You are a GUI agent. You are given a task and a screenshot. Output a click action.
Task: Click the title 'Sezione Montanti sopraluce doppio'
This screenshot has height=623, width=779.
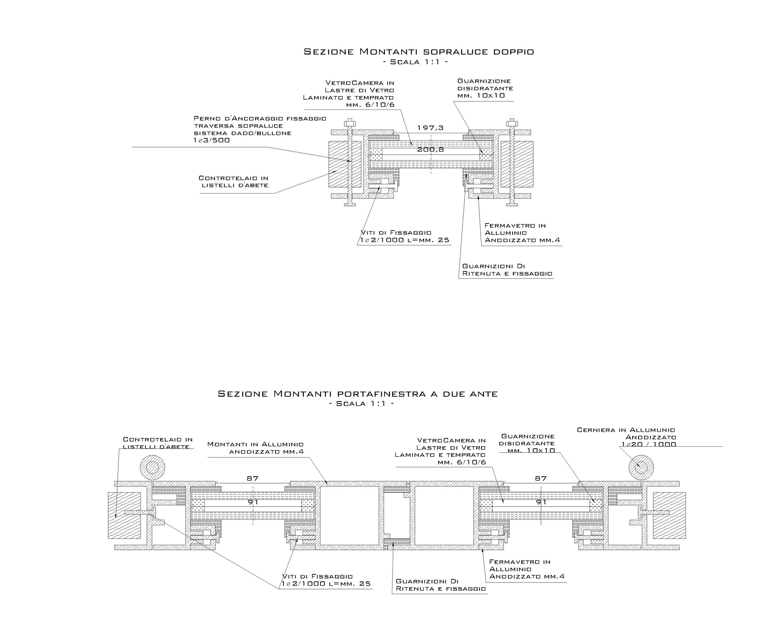point(419,51)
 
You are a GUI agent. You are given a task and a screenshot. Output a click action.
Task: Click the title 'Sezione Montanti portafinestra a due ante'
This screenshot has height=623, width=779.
point(358,394)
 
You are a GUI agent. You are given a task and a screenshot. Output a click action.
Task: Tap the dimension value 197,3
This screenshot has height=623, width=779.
point(430,128)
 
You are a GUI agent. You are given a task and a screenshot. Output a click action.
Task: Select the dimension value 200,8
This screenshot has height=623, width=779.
point(430,150)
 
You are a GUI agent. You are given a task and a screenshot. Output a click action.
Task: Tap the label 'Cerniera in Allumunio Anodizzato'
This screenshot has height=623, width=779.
point(626,437)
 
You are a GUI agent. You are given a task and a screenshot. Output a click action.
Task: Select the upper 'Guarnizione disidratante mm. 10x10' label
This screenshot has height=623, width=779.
point(485,88)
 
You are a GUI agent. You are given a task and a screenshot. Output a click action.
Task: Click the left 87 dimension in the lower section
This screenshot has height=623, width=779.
point(253,478)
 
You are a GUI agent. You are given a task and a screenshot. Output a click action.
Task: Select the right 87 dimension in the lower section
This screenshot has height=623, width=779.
point(541,478)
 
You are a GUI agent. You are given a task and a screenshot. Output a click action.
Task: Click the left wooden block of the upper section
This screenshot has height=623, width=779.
point(345,164)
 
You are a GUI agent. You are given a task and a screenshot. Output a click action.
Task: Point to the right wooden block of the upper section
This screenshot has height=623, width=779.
point(517,164)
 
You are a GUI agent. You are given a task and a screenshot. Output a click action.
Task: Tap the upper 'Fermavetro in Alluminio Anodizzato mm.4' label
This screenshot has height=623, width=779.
point(522,232)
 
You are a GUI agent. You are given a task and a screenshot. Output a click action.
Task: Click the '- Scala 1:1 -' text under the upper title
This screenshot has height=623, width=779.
point(416,62)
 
